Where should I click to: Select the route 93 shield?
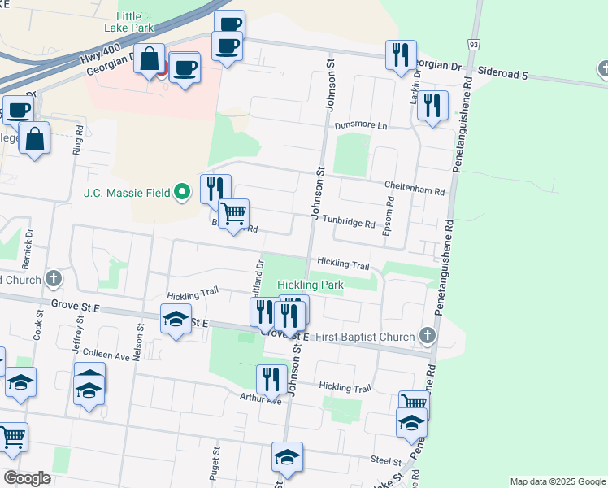pos(472,42)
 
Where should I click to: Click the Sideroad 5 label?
pos(502,75)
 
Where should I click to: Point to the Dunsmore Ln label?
pos(361,126)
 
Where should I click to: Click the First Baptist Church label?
pos(364,336)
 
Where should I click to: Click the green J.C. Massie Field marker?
pos(182,193)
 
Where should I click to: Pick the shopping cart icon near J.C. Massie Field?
pos(233,213)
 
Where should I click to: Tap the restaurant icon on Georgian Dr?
pos(400,54)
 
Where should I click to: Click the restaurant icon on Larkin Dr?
pos(432,105)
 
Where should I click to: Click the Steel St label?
pos(381,460)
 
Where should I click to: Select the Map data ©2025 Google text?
pos(558,481)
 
